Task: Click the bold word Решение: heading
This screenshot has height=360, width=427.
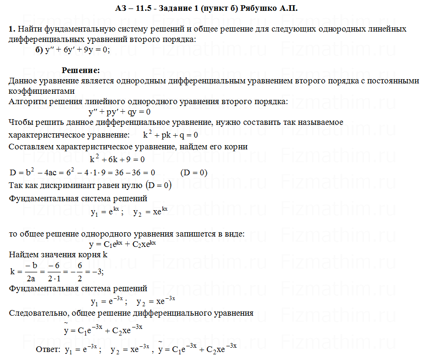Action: tap(81, 71)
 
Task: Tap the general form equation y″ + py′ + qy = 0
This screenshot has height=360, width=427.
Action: tap(119, 112)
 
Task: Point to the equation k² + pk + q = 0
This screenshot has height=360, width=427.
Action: tap(170, 135)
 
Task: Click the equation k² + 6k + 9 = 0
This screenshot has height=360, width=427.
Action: tap(117, 159)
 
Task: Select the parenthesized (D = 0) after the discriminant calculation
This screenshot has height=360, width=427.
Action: tap(194, 172)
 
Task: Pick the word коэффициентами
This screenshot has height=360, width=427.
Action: tap(41, 91)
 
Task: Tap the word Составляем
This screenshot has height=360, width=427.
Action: tap(31, 147)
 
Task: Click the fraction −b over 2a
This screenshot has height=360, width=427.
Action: tap(32, 272)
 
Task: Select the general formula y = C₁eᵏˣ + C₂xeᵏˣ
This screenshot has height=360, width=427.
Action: tap(122, 244)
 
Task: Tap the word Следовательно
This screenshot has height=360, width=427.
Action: tap(39, 313)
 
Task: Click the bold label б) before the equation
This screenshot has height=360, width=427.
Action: tap(39, 50)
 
